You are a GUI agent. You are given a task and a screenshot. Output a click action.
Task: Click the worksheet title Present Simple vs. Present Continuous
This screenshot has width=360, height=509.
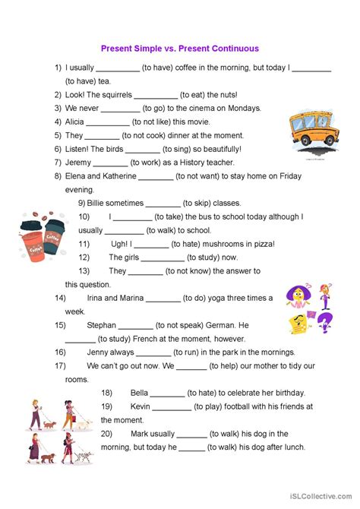point(180,49)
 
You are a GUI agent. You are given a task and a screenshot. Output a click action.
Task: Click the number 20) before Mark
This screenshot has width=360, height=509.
point(106,434)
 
